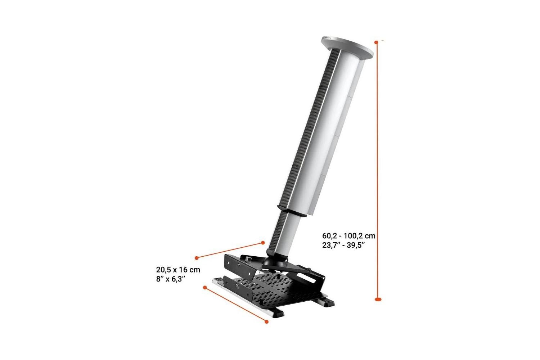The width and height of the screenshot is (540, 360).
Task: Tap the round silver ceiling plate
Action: point(346,47)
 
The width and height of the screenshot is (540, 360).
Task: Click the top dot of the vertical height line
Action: point(377,42)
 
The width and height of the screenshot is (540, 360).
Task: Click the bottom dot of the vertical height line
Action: point(378,299)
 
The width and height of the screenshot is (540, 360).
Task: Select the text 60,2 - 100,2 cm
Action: point(348,236)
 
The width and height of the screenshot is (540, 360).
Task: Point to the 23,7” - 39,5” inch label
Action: point(344,245)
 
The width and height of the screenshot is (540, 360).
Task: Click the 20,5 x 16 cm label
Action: point(178,269)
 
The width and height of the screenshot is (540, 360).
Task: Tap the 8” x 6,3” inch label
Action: point(171,279)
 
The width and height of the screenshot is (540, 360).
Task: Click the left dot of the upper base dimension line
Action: point(197,258)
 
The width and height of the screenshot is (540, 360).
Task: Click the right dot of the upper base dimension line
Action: point(263,243)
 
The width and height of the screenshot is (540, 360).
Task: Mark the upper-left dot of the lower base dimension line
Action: point(205,287)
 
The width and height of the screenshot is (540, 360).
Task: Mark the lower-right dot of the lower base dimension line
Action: point(267,321)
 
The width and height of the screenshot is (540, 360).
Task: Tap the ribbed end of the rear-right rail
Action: point(327,302)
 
